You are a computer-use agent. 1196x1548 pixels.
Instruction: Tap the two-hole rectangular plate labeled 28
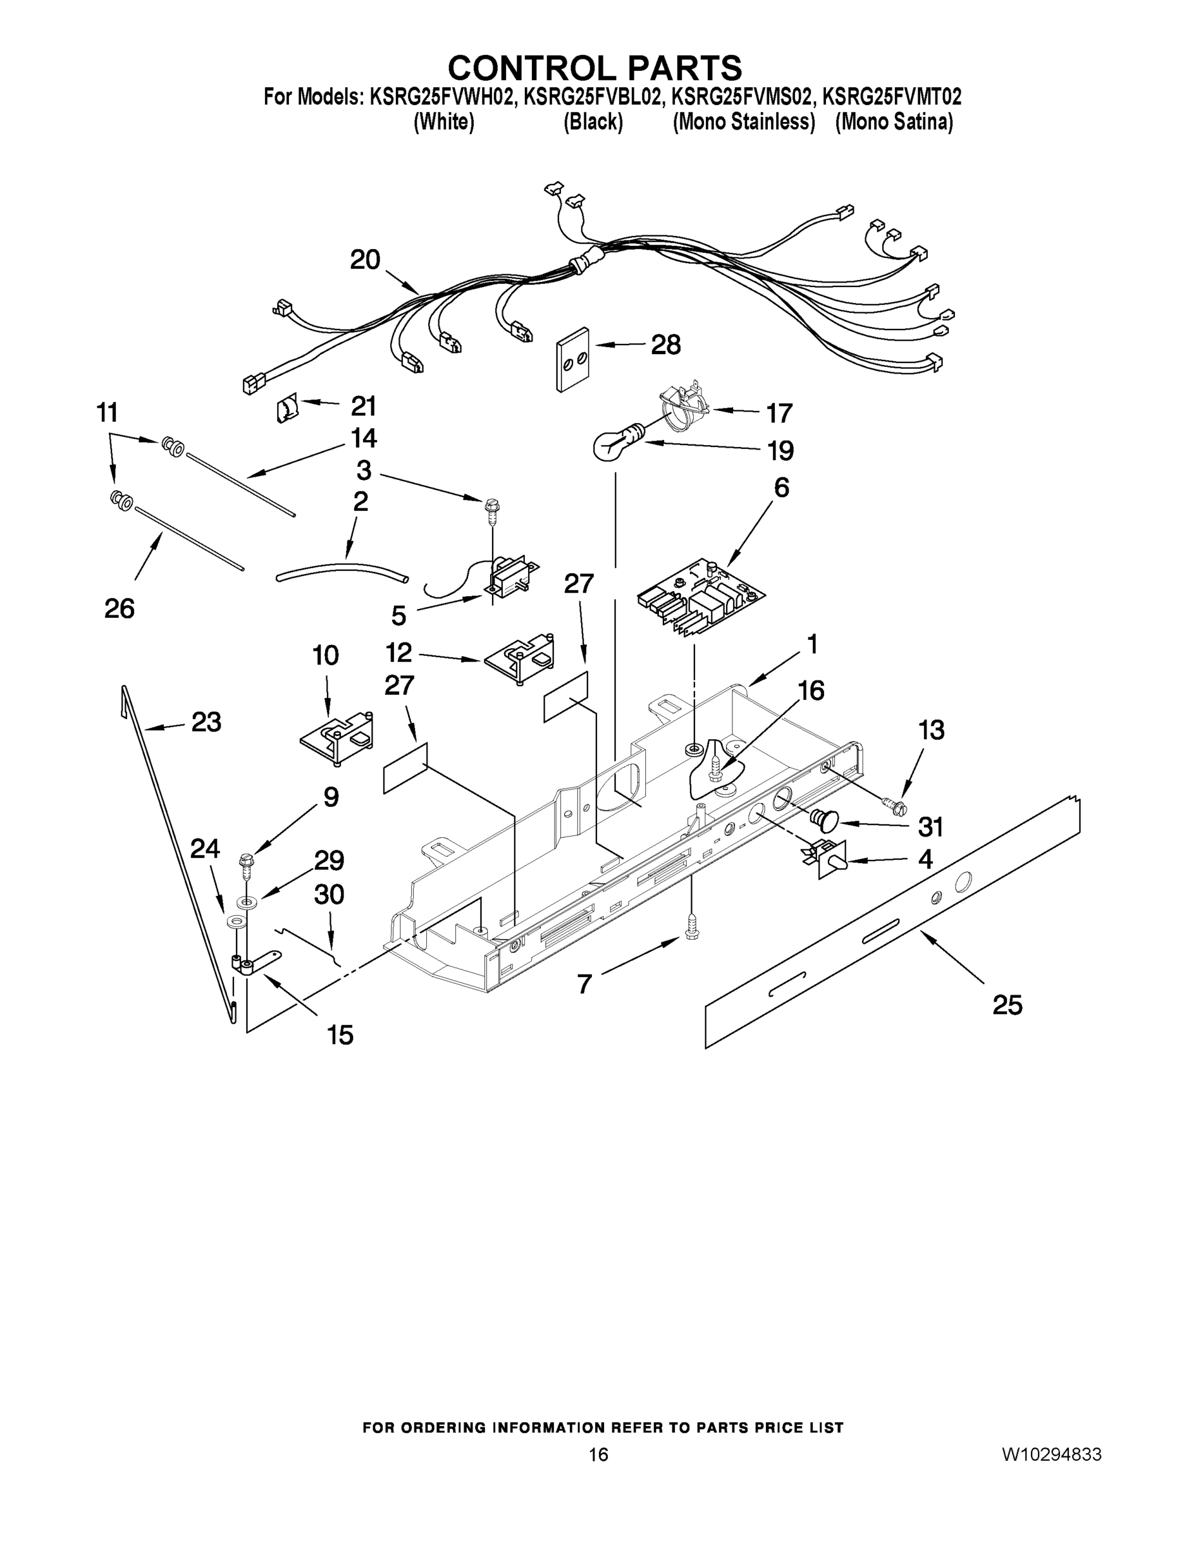[x=573, y=359]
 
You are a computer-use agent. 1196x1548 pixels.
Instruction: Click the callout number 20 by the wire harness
[x=365, y=260]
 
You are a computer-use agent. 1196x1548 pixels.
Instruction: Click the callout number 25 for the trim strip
[x=1008, y=1004]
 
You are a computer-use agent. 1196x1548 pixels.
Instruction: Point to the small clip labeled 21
[x=285, y=410]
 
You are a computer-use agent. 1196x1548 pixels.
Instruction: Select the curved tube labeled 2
[x=342, y=573]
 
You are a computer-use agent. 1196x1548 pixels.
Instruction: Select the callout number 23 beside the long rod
[x=206, y=722]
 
